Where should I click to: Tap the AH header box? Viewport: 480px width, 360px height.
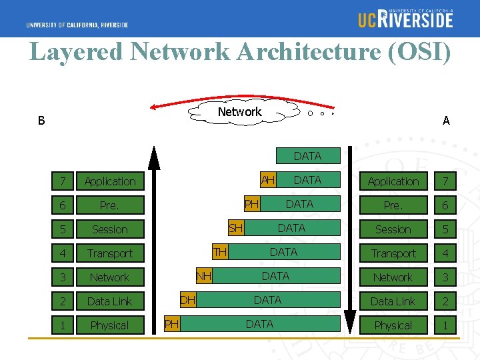(268, 180)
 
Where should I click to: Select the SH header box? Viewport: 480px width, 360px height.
(235, 228)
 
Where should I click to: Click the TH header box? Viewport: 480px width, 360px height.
(219, 252)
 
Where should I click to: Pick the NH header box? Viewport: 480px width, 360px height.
(203, 276)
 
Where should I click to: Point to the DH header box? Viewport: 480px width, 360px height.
(187, 300)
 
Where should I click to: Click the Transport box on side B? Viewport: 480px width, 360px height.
(109, 253)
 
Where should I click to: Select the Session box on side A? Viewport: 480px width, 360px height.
(393, 229)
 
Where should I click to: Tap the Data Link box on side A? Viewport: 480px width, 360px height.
(393, 301)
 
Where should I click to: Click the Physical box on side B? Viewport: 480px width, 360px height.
(109, 325)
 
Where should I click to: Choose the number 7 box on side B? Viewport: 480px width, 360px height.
(63, 181)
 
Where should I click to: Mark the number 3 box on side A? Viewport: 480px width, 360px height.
(445, 277)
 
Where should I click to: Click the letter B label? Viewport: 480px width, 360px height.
(41, 121)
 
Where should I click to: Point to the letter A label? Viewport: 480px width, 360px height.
(446, 121)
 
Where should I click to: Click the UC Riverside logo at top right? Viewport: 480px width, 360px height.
(405, 18)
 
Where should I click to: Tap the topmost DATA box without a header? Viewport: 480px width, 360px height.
(307, 156)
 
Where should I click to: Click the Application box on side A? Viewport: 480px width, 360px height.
(393, 181)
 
